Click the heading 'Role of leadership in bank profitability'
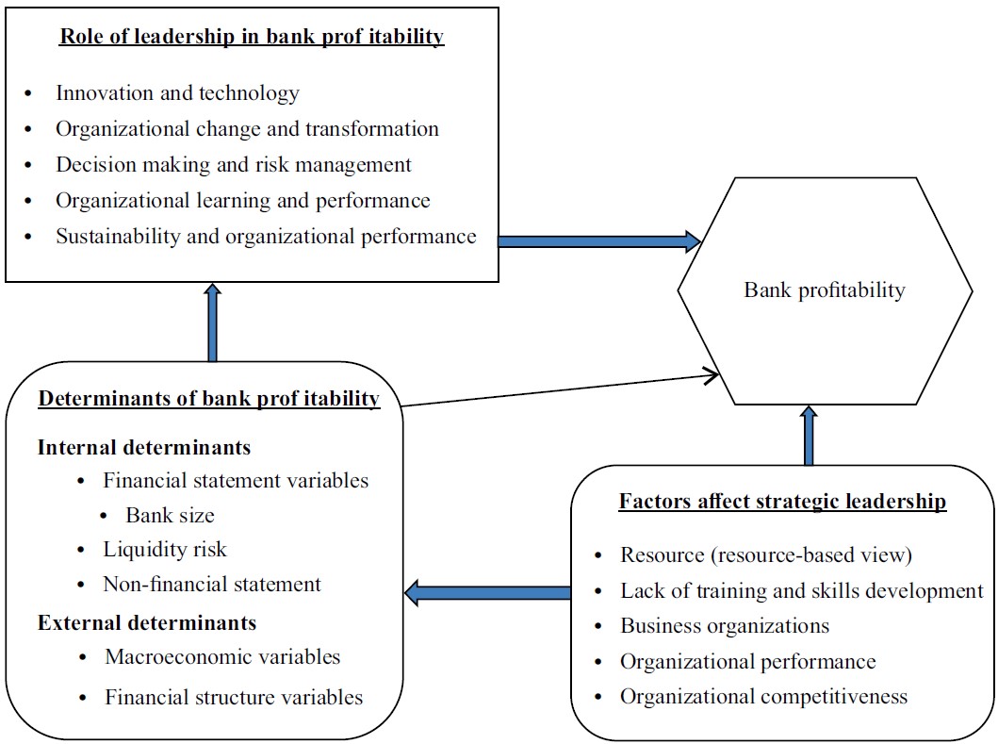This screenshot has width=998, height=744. point(252,37)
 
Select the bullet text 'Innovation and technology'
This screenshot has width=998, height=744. point(177,93)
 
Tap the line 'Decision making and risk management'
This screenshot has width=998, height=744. point(233,165)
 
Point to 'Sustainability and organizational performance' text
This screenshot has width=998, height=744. point(266,237)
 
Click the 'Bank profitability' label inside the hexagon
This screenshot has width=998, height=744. point(824,290)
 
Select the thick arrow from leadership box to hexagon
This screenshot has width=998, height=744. point(598,241)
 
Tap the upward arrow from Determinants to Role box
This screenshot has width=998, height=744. point(212,322)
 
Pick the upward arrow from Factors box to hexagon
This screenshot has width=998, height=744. point(808,436)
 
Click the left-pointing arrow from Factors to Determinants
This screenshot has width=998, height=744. point(488,593)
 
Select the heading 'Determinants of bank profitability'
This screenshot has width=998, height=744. point(208,399)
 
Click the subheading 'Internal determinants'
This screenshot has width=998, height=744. point(144,447)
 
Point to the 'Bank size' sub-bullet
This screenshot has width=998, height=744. point(170,516)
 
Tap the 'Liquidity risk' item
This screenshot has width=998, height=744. point(165,550)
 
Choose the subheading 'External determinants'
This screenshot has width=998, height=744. point(147,622)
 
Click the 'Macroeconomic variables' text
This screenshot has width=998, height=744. point(222,657)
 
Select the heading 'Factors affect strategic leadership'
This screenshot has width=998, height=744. point(782,502)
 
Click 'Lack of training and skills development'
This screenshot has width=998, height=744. point(801,591)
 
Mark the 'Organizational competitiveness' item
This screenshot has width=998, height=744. point(763,697)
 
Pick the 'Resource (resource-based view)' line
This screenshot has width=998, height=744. point(766,555)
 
